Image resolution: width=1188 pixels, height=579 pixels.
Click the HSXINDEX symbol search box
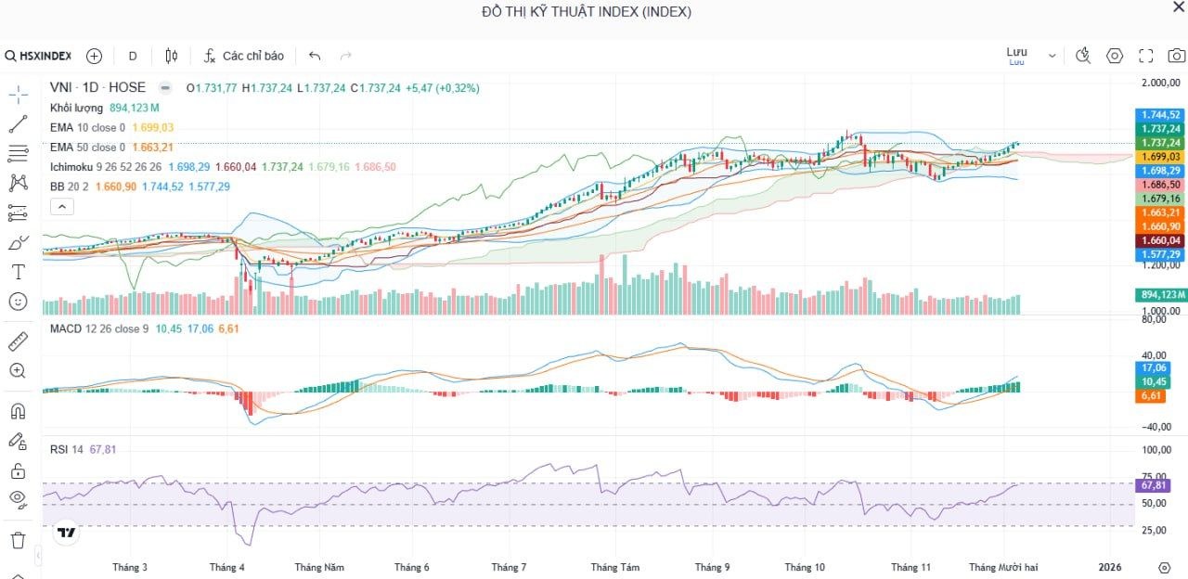[x=40, y=56]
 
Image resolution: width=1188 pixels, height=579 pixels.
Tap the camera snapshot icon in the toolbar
[x=1176, y=56]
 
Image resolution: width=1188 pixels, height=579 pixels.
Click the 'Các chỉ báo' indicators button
[x=244, y=56]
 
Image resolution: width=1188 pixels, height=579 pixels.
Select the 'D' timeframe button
[x=133, y=56]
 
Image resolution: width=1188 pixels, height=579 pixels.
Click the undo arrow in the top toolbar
[x=315, y=56]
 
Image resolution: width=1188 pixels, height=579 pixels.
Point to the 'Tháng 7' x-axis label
[x=509, y=567]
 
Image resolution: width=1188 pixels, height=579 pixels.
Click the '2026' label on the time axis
[x=1110, y=567]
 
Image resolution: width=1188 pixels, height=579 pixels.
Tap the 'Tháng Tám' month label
[x=614, y=567]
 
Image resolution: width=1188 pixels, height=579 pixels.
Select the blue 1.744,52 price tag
[x=1161, y=115]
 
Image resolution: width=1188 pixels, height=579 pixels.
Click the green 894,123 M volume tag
[x=1161, y=295]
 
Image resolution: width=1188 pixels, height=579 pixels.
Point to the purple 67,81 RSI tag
[x=1154, y=485]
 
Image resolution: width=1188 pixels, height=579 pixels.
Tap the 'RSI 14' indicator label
[x=66, y=449]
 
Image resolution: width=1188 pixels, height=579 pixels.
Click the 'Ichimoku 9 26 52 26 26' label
[x=106, y=167]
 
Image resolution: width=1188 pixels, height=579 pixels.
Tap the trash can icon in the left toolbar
[x=18, y=539]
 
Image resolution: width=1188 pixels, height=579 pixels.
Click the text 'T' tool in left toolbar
[x=18, y=272]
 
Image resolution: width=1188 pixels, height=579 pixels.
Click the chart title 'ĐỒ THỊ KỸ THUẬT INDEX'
[x=586, y=12]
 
